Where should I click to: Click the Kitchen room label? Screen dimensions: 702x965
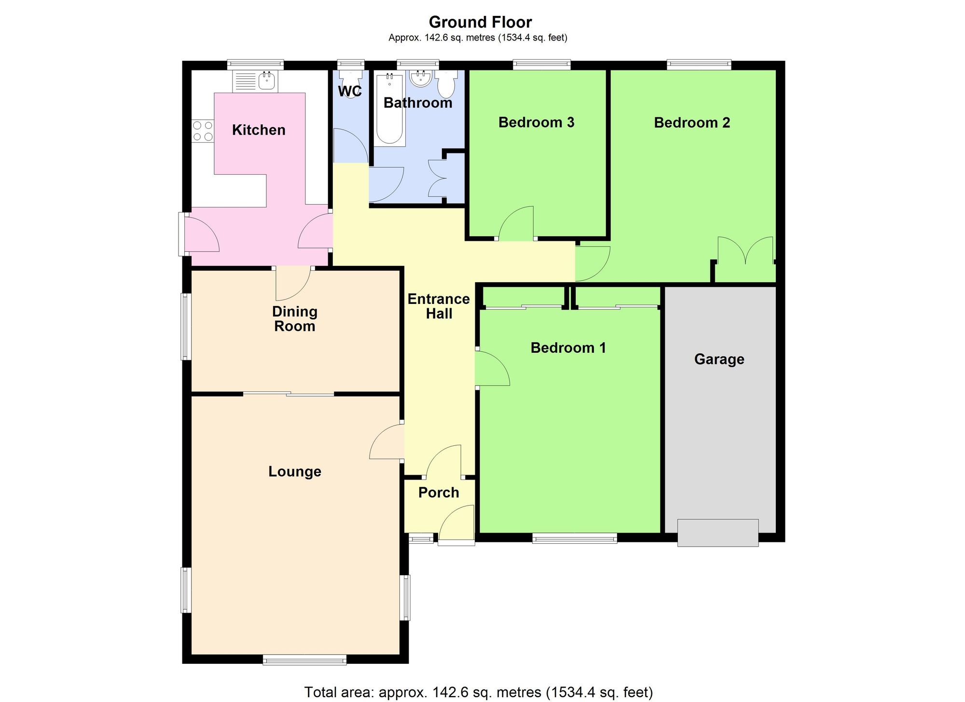coord(259,130)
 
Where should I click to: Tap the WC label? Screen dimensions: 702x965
coord(350,91)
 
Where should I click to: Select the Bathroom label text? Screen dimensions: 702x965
coord(418,103)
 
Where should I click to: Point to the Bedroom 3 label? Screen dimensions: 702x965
coord(536,123)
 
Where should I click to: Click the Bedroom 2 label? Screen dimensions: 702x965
coord(692,123)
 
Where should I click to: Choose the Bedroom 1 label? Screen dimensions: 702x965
coord(568,348)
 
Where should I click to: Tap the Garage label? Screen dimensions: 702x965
coord(719,359)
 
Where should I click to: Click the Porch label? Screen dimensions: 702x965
coord(439,493)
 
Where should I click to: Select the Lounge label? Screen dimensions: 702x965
coord(295,471)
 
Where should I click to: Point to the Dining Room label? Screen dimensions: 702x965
coord(295,319)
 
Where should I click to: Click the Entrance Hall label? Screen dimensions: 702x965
coord(439,306)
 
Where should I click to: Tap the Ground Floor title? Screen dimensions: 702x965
coord(480,22)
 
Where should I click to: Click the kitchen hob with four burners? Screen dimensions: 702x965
coord(203,131)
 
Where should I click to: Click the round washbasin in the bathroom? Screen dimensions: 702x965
coord(421,79)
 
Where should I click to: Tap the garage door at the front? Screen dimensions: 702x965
coord(717,533)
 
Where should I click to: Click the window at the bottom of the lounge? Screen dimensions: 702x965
coord(304,660)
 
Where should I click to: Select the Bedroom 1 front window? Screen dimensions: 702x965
coord(574,538)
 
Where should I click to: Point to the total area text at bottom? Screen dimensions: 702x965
coord(478,692)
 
